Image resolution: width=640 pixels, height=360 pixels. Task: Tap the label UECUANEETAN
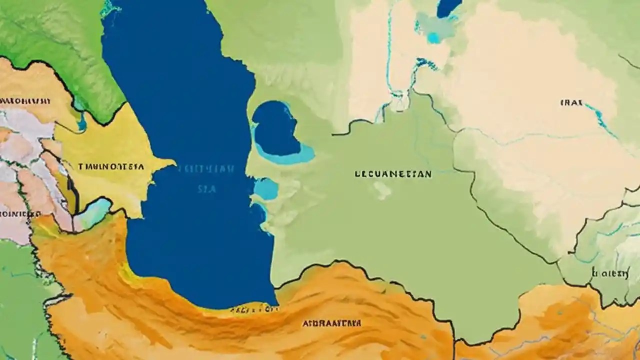click(x=392, y=174)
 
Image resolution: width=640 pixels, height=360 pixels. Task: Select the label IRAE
click(x=571, y=103)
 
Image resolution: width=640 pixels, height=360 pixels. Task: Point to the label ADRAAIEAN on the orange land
click(x=331, y=323)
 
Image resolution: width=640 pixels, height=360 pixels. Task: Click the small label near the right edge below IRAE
click(x=609, y=273)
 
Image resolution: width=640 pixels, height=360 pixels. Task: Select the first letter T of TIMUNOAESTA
click(x=80, y=166)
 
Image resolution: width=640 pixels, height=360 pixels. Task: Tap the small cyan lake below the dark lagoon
click(x=266, y=189)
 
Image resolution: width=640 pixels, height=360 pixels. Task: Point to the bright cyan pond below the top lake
click(x=433, y=37)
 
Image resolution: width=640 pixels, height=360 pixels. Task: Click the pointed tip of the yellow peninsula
click(x=174, y=162)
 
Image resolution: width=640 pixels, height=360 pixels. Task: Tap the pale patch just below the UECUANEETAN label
click(x=382, y=190)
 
